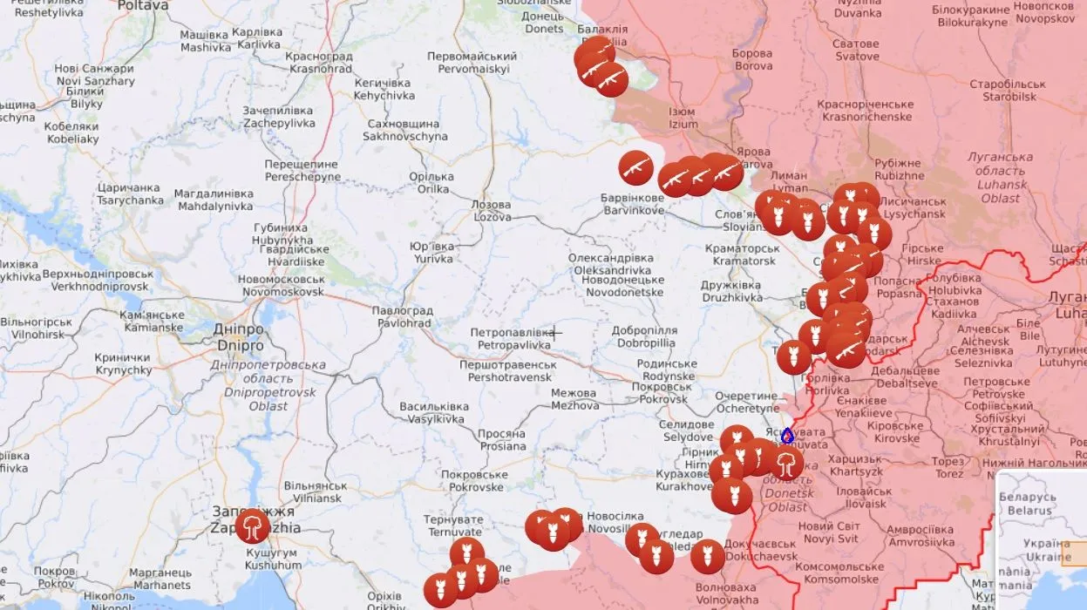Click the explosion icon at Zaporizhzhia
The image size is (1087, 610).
(x=253, y=526)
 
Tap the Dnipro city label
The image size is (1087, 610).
(x=238, y=338)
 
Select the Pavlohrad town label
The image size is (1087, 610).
(x=402, y=316)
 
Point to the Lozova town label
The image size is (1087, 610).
(x=492, y=210)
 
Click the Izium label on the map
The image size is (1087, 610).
(x=683, y=118)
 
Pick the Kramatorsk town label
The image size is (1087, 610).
(x=744, y=254)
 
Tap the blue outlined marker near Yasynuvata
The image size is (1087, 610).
(x=787, y=435)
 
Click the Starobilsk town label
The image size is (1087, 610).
(x=1014, y=91)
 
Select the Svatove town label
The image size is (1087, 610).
(x=855, y=50)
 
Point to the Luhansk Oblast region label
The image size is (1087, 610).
(x=999, y=178)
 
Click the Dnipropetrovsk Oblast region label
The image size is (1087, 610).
(x=268, y=385)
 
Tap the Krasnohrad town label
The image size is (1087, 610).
(x=318, y=63)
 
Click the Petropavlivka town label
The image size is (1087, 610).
(x=511, y=338)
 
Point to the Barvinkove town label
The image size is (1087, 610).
(x=632, y=204)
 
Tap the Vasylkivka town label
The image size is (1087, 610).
(x=433, y=412)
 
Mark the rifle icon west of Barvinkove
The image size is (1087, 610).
(x=635, y=167)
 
